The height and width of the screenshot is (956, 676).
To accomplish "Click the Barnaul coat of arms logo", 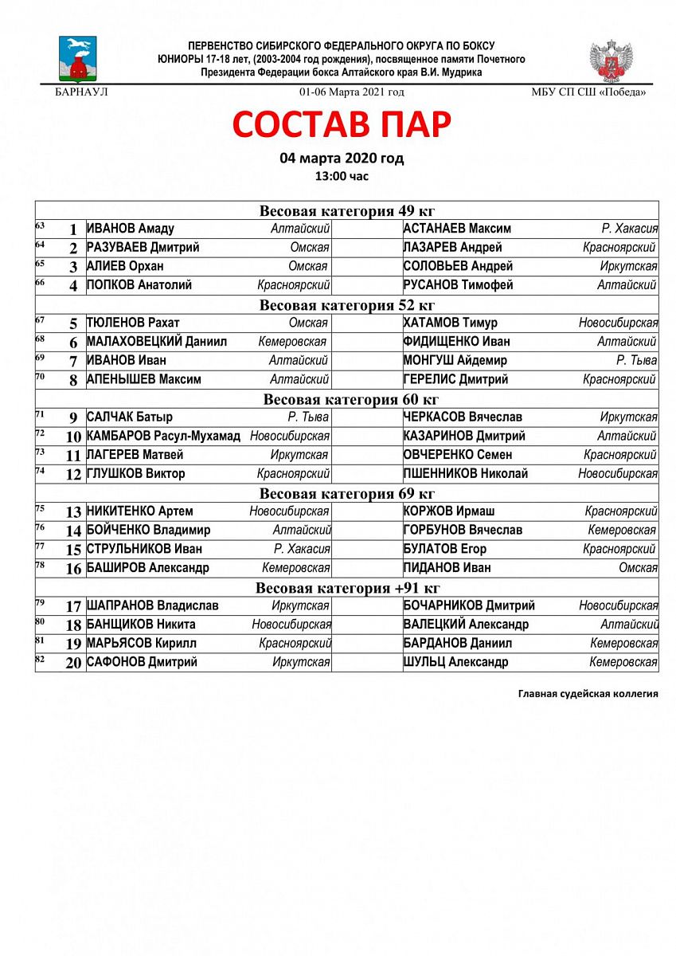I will [77, 58].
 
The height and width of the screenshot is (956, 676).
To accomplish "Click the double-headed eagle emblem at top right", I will [612, 61].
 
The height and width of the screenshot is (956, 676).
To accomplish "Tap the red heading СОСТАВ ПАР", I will [342, 124].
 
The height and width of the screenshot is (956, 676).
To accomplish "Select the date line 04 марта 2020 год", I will [342, 158].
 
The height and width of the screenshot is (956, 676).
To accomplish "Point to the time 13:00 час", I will [342, 176].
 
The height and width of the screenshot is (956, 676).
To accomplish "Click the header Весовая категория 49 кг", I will [347, 210].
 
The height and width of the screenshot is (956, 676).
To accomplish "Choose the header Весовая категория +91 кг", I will [347, 588].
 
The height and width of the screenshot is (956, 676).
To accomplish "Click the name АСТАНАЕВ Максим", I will [457, 229].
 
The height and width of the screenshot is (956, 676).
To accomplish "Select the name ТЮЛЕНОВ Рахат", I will [133, 323].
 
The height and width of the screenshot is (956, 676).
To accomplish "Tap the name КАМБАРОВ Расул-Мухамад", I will [163, 436].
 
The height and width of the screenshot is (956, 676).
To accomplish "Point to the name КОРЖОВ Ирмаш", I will [449, 511].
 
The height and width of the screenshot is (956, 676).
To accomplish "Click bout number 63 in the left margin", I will [41, 226].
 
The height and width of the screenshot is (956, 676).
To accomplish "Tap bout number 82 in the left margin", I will [41, 659].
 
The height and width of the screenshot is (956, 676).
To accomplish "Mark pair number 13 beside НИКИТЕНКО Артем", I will [73, 512].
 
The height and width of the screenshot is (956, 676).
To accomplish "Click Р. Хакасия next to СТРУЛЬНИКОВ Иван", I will [302, 549].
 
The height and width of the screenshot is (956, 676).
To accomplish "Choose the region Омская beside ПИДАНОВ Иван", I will [638, 568].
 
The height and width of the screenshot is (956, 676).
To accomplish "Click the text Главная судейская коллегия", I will [588, 694].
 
